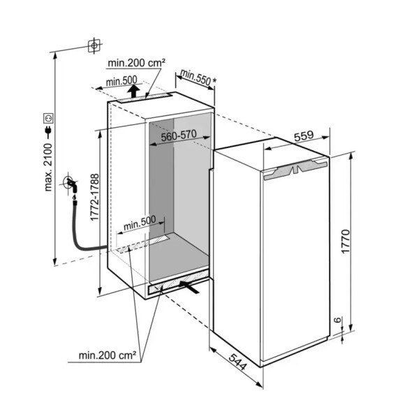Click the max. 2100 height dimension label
point(48,168)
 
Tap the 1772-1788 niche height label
point(94,197)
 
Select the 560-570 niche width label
point(179,135)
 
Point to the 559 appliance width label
point(304,136)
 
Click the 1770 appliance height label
point(346,241)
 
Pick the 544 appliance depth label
point(237,362)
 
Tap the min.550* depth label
point(198,78)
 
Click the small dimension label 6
point(338,320)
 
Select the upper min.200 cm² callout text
point(137,63)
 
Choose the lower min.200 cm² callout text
point(108,355)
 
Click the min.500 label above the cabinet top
point(122,81)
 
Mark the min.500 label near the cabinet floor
point(140,223)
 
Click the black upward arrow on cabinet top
point(133,91)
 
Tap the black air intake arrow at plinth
point(189,286)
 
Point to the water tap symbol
point(71,184)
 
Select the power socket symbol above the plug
point(49,118)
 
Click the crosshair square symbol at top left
point(94,45)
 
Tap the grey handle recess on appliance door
point(295,169)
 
